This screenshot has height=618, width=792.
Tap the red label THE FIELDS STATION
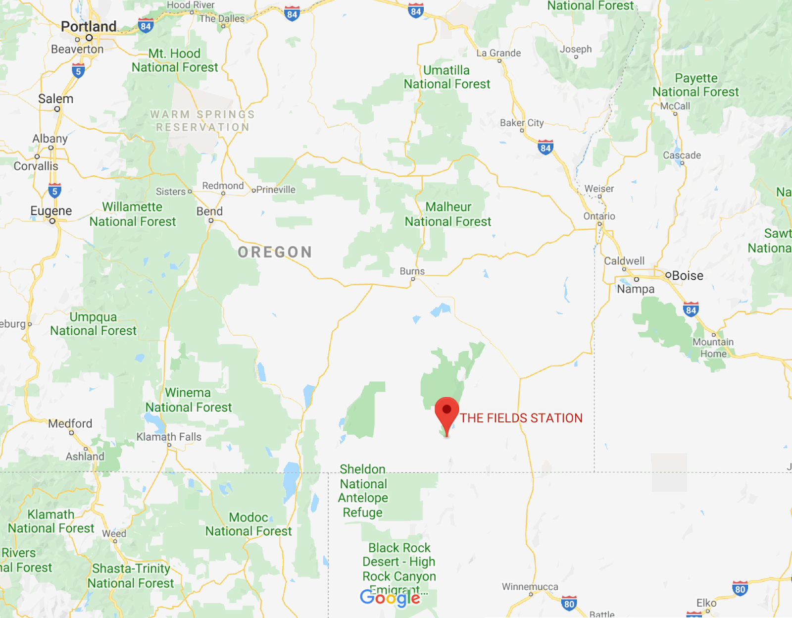521,418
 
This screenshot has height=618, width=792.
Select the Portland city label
89,26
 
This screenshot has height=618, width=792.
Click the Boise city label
688,276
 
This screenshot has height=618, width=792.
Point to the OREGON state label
275,252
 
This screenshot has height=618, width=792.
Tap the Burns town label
412,271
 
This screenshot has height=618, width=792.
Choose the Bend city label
209,211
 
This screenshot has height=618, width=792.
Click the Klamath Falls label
169,437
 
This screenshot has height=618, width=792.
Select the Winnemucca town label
530,587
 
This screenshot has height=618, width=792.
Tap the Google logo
390,598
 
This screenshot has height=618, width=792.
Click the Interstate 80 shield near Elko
740,588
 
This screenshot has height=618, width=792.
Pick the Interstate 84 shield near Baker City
545,147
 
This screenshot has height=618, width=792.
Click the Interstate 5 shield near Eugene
55,191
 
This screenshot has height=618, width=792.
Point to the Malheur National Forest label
448,214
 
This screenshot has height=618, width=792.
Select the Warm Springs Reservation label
202,121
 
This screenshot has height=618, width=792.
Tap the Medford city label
70,423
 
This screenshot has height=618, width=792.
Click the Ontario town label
599,216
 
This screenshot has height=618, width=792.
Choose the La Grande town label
498,53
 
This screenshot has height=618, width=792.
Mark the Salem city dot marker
57,109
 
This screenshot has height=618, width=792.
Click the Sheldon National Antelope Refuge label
363,491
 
